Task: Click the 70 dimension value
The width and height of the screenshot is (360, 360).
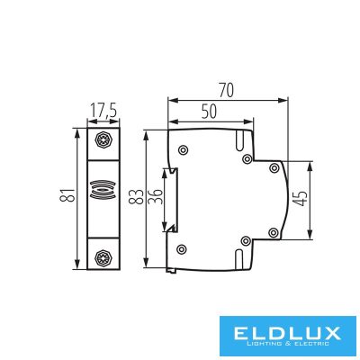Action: click(x=226, y=91)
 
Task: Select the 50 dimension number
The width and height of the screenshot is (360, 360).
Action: click(x=209, y=112)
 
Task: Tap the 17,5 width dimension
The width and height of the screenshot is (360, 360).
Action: click(x=103, y=111)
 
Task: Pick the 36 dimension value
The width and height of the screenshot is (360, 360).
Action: click(x=156, y=197)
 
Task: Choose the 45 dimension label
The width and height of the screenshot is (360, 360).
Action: click(x=301, y=199)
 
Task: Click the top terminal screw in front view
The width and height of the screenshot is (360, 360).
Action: click(x=103, y=139)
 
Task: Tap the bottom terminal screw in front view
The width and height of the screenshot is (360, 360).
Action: click(x=103, y=257)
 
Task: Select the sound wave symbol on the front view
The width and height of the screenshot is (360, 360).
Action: click(x=103, y=190)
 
